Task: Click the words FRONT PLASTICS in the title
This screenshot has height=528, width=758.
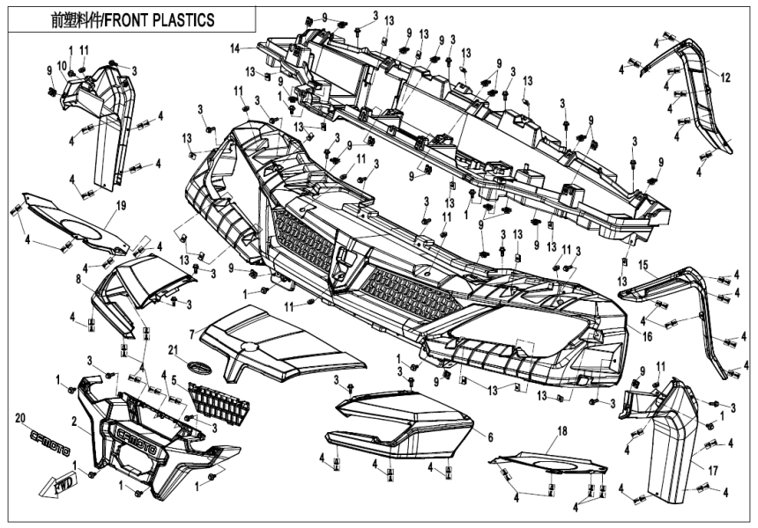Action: (159, 19)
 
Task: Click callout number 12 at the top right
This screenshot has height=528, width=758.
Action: (725, 78)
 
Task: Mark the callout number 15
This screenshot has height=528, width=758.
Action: (643, 264)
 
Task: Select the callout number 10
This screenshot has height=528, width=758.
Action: (62, 66)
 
